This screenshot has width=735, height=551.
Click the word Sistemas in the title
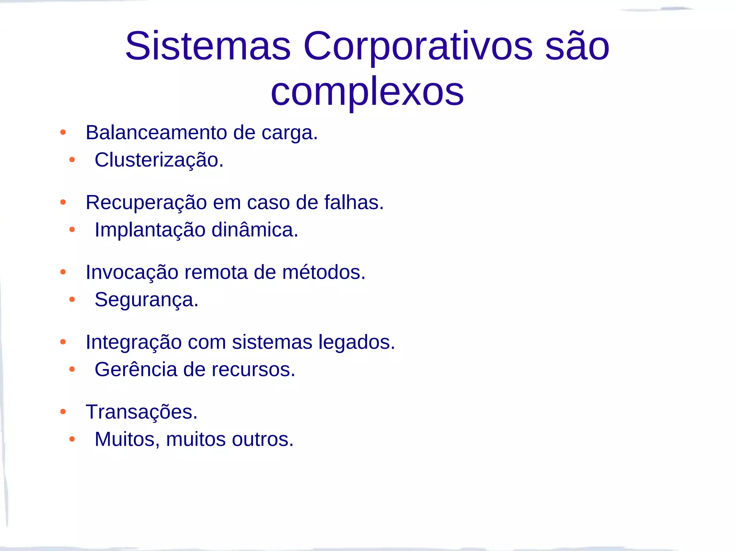208,46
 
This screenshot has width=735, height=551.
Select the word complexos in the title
367,93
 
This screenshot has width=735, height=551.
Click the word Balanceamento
156,133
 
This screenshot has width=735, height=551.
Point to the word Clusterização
159,160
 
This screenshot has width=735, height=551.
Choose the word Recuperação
146,203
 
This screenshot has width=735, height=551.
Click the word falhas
354,202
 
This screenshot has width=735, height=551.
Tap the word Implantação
150,230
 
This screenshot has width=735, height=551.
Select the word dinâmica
254,230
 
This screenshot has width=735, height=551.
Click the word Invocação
132,272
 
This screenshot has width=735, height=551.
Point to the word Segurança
146,300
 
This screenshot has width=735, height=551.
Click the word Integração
134,342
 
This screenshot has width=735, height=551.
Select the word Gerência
136,369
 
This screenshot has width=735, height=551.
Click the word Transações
141,412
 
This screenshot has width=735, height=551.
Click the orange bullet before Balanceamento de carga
63,133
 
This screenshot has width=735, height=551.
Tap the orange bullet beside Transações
63,412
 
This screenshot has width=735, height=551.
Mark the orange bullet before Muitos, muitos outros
72,439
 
